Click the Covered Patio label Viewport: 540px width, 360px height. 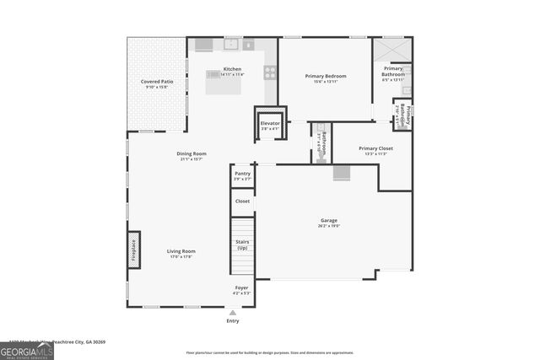[157, 82]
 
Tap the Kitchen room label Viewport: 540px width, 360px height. [232, 69]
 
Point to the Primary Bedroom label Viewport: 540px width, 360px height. [326, 76]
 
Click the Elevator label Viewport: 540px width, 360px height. [270, 124]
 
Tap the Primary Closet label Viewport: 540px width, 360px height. [375, 148]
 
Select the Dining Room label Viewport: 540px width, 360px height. [192, 153]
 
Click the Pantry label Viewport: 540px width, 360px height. [242, 174]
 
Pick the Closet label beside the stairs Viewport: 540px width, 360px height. [242, 201]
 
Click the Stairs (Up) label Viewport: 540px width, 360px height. [242, 244]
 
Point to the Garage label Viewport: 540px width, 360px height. [328, 221]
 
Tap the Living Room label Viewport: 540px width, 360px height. [181, 250]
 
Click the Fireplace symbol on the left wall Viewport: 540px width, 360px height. [133, 251]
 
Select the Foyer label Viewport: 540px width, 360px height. [242, 288]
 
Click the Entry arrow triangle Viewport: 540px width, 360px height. [233, 312]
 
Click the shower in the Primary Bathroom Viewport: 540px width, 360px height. [393, 49]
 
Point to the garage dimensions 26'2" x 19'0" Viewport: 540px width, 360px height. [328, 226]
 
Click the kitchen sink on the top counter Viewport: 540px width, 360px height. [231, 43]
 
